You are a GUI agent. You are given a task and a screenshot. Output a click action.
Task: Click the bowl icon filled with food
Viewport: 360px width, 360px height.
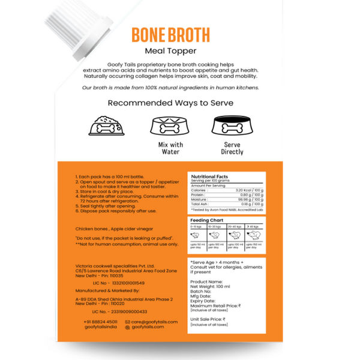(x=106, y=125)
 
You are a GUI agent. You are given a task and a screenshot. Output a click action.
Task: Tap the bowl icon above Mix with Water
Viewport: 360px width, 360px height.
(x=167, y=125)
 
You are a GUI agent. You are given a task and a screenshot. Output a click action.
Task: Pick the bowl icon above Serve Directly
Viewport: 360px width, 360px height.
(x=232, y=125)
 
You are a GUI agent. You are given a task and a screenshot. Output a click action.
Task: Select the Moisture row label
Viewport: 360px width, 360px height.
(x=200, y=199)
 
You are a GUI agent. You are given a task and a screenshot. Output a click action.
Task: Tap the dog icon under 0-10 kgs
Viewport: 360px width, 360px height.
(x=199, y=236)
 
